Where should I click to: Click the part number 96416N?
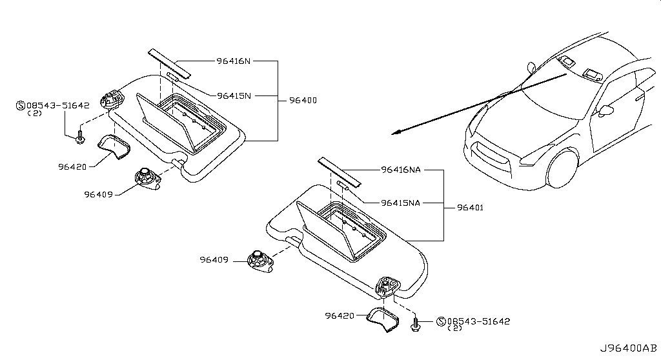click(234, 61)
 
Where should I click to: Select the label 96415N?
click(234, 95)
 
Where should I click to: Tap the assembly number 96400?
click(303, 101)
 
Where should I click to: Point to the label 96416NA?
click(401, 170)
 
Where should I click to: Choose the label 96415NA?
click(400, 203)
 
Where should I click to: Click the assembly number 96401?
click(470, 207)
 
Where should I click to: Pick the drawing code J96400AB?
click(629, 348)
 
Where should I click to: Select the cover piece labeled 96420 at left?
click(114, 146)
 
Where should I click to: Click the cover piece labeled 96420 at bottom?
click(383, 319)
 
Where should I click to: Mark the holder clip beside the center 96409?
click(260, 260)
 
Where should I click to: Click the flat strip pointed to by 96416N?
click(170, 64)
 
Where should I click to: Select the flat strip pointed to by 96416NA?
click(340, 172)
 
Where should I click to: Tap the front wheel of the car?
click(562, 168)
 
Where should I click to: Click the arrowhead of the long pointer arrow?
click(396, 132)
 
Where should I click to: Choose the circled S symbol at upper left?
click(20, 105)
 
